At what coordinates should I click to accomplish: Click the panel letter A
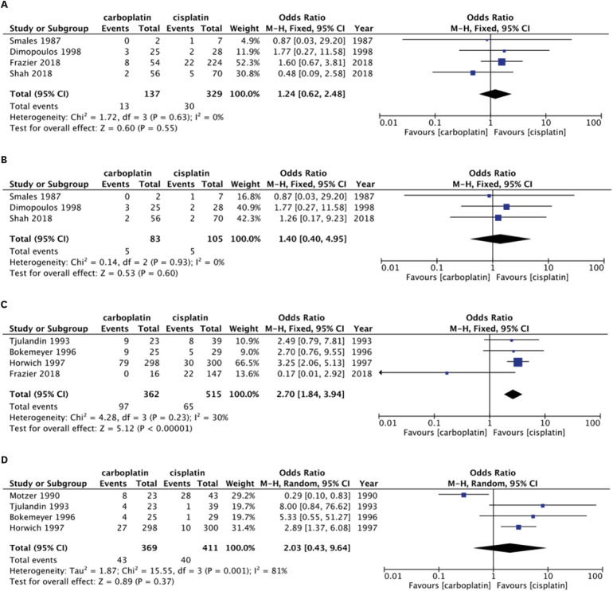tap(6, 6)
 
